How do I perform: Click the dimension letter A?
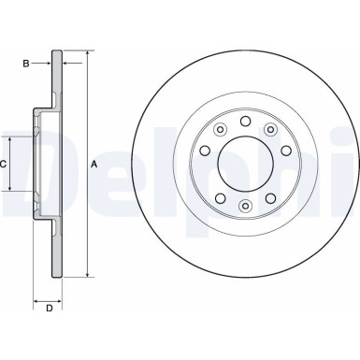(94, 165)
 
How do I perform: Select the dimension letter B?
(25, 64)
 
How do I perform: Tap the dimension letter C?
(5, 164)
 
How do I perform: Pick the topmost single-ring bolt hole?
(245, 121)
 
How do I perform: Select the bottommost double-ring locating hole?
(245, 206)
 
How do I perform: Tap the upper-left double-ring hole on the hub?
(219, 130)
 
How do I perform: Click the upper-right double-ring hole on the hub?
(271, 130)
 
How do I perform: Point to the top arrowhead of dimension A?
(87, 53)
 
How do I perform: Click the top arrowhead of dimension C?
(13, 137)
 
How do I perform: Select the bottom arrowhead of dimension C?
(13, 190)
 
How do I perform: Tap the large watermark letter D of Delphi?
(23, 159)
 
